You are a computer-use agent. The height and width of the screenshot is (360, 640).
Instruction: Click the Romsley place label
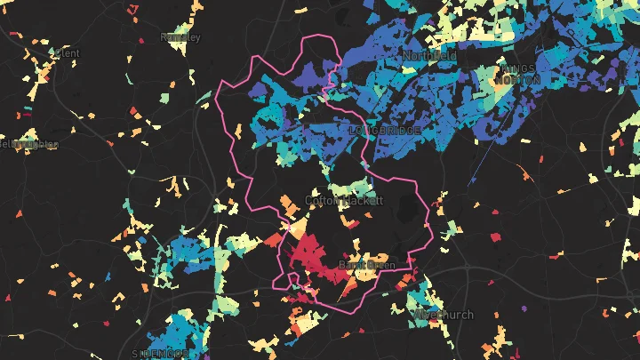pyautogui.click(x=180, y=37)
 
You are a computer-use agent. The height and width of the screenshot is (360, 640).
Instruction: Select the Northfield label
pyautogui.click(x=429, y=55)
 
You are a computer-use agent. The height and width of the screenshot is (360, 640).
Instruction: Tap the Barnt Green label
pyautogui.click(x=367, y=264)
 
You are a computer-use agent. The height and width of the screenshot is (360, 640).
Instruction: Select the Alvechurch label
pyautogui.click(x=444, y=315)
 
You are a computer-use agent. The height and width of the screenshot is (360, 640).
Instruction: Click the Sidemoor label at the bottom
pyautogui.click(x=160, y=353)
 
